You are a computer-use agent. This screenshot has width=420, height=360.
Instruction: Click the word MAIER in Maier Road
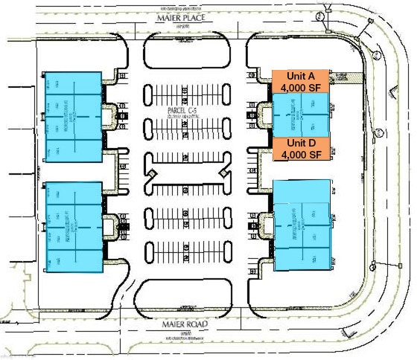[176, 324]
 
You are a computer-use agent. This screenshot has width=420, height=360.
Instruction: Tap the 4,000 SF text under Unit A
[300, 88]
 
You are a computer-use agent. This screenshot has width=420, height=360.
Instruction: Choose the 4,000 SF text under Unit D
[300, 155]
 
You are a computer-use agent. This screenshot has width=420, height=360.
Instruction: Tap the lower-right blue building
[302, 225]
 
